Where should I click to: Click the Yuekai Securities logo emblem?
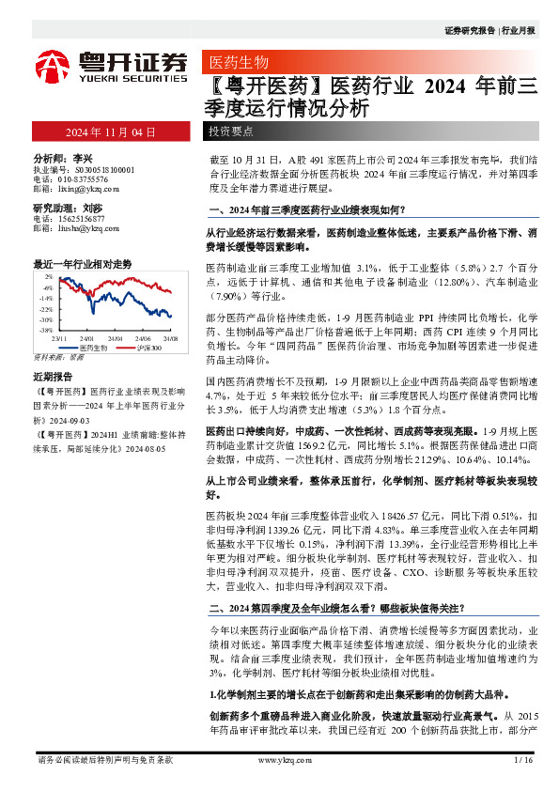(x=51, y=65)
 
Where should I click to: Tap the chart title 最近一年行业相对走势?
(x=82, y=264)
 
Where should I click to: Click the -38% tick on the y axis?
(x=46, y=331)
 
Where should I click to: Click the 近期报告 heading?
(x=54, y=374)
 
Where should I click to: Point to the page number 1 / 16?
(x=523, y=761)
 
